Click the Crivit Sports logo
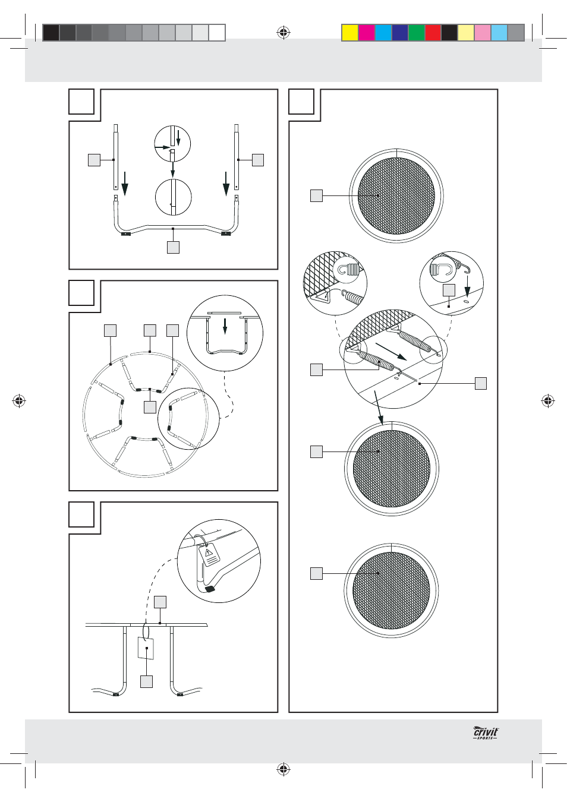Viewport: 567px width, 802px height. [486, 733]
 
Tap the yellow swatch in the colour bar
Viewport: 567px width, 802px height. [350, 33]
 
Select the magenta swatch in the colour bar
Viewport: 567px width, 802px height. [367, 33]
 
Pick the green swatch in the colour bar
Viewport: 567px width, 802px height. [417, 33]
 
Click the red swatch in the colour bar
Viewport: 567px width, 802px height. [433, 33]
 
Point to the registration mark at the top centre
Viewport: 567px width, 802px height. [283, 33]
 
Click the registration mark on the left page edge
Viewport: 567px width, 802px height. [19, 401]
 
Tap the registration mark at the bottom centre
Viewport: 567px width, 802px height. [283, 769]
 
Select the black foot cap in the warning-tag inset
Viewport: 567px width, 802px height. [210, 589]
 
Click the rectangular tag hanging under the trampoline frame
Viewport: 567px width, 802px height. [146, 648]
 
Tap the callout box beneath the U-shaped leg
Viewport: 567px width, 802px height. [174, 247]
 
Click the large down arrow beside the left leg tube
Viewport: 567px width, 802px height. [125, 184]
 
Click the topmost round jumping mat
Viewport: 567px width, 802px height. [396, 195]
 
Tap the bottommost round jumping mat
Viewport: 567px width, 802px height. [391, 591]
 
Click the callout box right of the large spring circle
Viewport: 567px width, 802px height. [481, 383]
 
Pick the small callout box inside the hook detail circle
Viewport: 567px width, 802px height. [449, 291]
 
